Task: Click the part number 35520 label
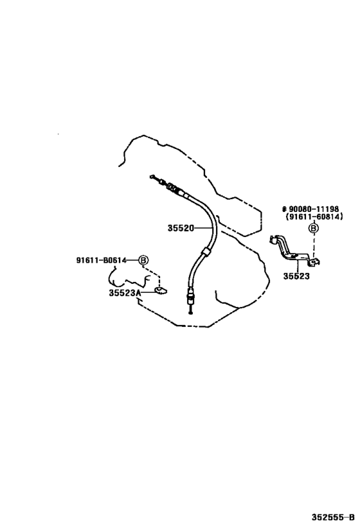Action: (x=181, y=228)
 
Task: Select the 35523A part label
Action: (x=125, y=293)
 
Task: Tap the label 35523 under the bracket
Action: (x=296, y=276)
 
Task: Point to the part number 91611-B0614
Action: (x=101, y=260)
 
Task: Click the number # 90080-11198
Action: (x=310, y=209)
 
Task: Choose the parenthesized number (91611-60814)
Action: (x=314, y=216)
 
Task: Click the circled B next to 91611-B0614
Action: (x=143, y=260)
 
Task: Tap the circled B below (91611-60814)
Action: (x=314, y=229)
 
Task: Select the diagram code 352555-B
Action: (x=333, y=517)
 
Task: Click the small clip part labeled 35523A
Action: (x=161, y=290)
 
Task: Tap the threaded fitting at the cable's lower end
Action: (x=190, y=297)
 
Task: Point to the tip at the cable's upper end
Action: (x=152, y=176)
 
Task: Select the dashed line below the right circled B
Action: (x=314, y=246)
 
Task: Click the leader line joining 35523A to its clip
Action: (x=148, y=292)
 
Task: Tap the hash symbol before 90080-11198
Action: (x=284, y=209)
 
